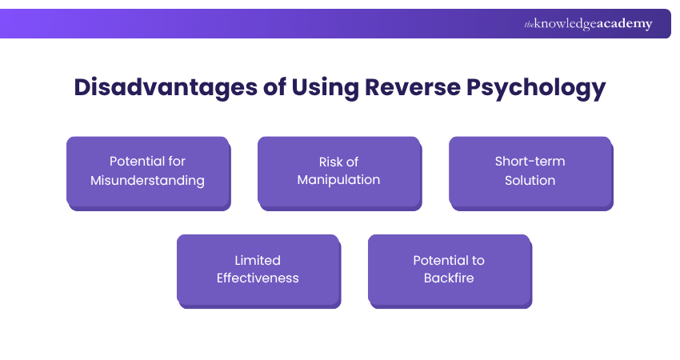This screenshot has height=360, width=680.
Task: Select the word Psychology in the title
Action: coord(542,87)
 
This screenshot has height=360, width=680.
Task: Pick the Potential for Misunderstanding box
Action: coord(148,171)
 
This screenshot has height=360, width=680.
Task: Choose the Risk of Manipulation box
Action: coord(338,171)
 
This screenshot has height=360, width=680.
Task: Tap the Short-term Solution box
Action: coord(530,171)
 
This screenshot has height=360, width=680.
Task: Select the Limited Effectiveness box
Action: coord(258,270)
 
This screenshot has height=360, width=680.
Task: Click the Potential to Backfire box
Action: coord(449,270)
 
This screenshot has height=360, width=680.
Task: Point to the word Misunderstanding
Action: coord(147,181)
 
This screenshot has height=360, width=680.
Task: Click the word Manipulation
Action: coord(338,181)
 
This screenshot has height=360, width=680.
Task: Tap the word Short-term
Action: coord(530,162)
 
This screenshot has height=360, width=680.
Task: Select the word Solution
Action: coord(530,181)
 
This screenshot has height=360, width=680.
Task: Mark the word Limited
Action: coord(258,260)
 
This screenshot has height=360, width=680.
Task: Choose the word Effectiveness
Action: coord(258,279)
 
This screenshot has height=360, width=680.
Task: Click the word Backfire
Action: coord(449,279)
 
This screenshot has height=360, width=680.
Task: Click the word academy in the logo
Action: coord(626,24)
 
